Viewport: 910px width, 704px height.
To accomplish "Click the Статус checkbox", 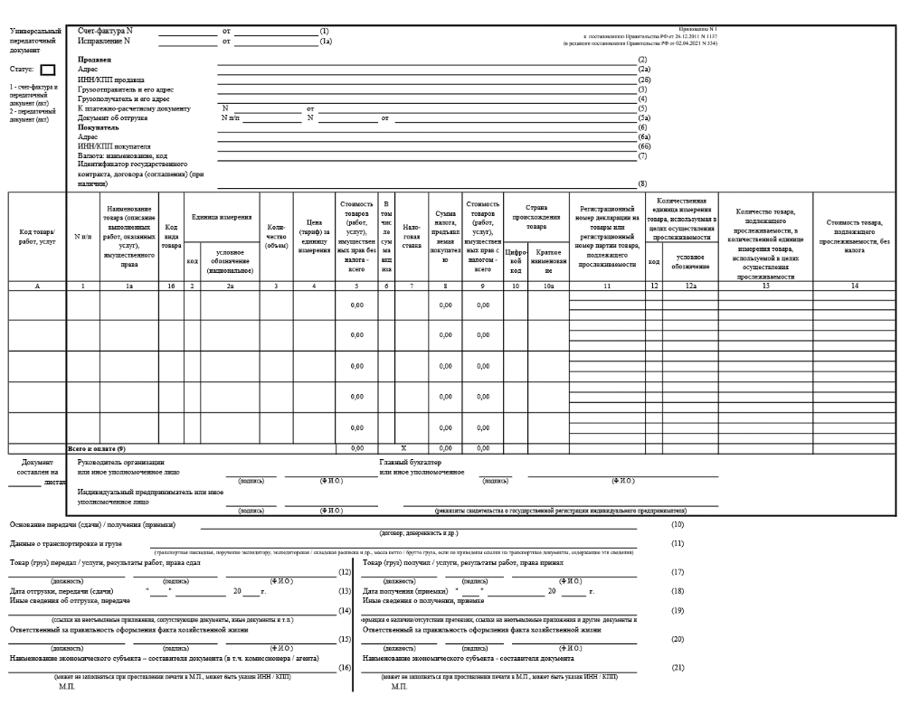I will point(48,70).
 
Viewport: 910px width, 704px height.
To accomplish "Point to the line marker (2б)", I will point(643,79).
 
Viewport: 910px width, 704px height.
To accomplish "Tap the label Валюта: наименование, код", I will point(126,155).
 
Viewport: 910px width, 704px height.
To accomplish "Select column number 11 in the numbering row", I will point(606,286).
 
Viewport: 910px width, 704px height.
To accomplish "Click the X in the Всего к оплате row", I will point(403,448).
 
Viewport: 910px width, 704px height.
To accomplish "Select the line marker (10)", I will point(676,524).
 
